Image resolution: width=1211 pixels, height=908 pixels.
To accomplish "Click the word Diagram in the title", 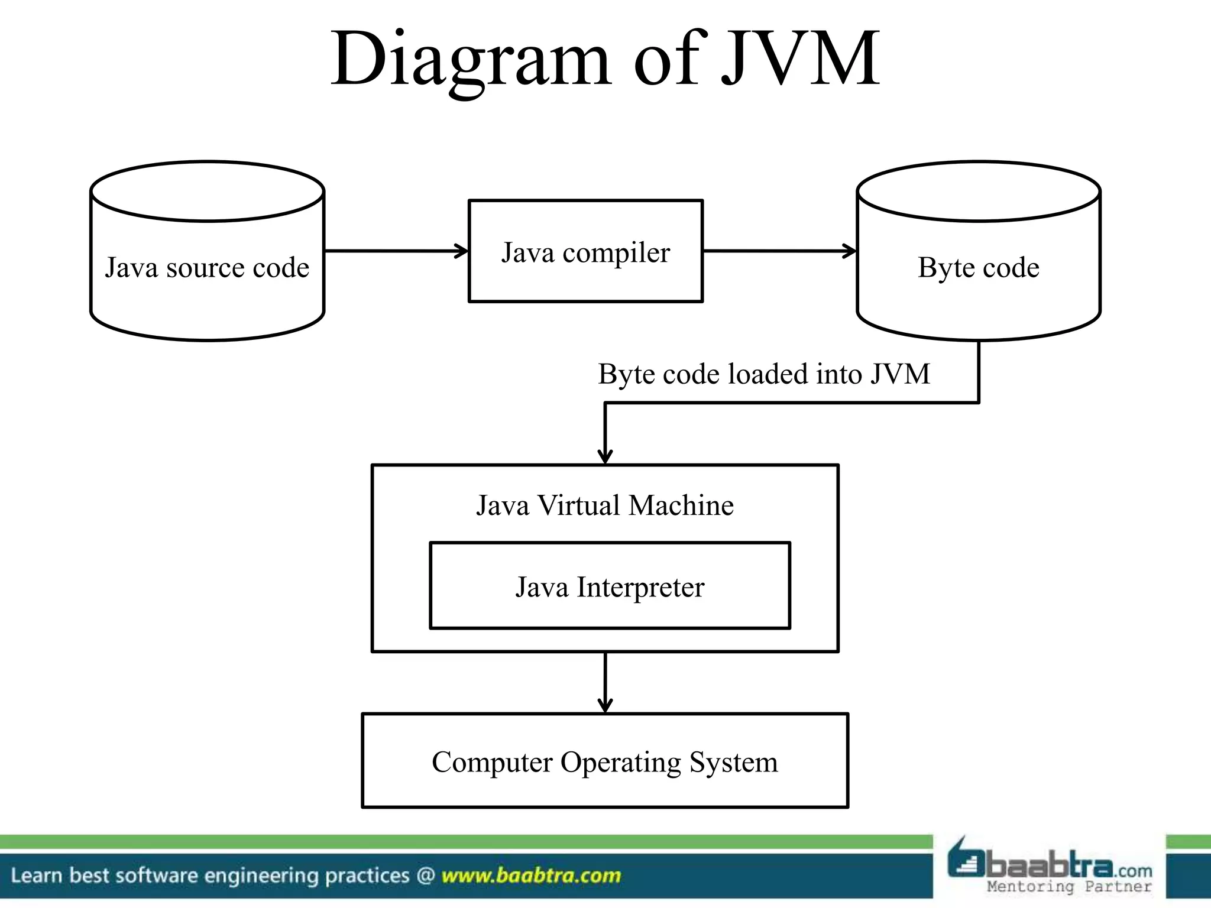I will [x=470, y=59].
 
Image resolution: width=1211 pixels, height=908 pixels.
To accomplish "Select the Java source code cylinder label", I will [x=207, y=268].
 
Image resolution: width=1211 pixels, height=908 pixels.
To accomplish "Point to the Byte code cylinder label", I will [x=978, y=268].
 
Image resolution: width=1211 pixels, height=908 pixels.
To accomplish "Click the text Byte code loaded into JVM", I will [x=763, y=374].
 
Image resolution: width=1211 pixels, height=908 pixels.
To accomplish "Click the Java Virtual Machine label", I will [x=605, y=506].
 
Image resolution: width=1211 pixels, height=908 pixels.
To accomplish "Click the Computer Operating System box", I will [x=605, y=761].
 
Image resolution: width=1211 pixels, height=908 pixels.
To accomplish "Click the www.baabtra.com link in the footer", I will [x=531, y=875].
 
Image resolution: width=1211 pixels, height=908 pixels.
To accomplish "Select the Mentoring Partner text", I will [x=1069, y=886].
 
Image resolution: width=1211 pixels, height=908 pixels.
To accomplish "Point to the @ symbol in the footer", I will [x=425, y=875].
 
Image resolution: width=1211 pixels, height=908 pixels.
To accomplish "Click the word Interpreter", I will [x=640, y=588].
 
